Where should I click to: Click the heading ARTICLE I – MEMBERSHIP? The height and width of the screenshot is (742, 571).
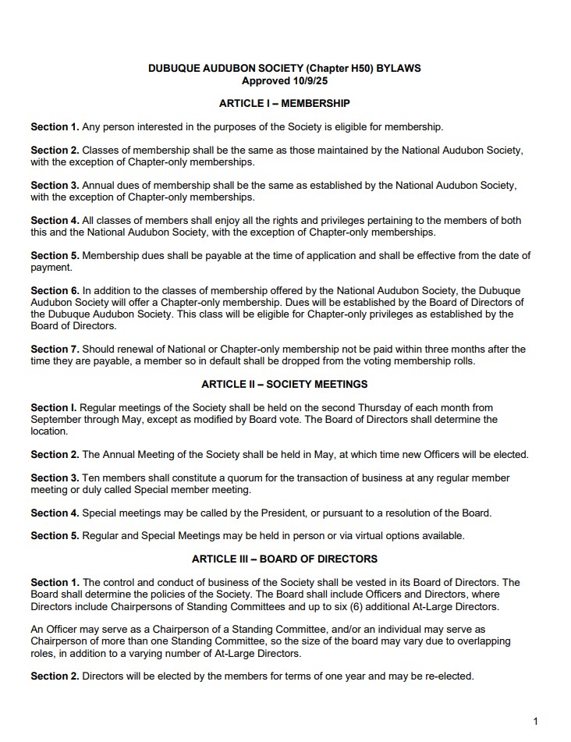click(284, 103)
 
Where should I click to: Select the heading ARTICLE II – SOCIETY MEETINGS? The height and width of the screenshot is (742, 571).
click(284, 384)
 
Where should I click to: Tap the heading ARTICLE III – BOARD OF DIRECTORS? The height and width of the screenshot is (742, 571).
click(284, 559)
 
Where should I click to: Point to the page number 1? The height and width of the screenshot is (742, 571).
click(535, 721)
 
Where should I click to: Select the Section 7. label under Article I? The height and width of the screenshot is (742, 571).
click(55, 349)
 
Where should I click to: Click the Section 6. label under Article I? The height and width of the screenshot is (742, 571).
click(55, 290)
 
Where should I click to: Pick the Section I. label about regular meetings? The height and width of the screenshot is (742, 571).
click(54, 407)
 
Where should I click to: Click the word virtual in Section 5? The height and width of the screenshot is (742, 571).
click(374, 535)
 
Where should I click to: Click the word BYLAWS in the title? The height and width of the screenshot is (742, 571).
click(399, 69)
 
